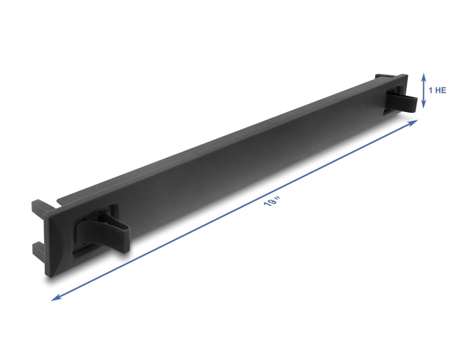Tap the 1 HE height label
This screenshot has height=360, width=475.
pyautogui.click(x=437, y=89)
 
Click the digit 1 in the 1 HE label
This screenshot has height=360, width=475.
pyautogui.click(x=430, y=89)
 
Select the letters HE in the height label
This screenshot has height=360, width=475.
pyautogui.click(x=440, y=89)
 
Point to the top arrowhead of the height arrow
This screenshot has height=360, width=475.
pyautogui.click(x=423, y=75)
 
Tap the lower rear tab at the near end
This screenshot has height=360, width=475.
pyautogui.click(x=38, y=244)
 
